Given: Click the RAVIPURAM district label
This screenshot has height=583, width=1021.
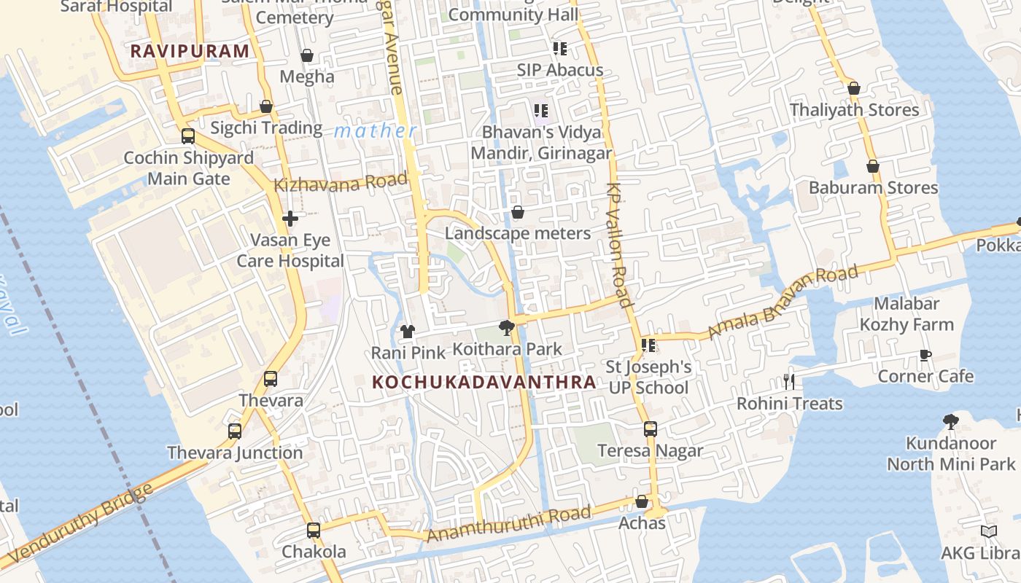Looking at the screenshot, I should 190,51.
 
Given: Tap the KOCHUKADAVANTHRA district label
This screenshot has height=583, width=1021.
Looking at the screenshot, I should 484,382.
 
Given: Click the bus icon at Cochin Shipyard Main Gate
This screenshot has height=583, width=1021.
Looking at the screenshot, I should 188,136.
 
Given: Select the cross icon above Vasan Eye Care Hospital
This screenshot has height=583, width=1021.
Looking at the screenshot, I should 290,218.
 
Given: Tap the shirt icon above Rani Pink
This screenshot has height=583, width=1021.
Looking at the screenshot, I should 407,332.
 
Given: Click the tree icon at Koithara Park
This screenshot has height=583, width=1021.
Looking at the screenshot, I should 506,327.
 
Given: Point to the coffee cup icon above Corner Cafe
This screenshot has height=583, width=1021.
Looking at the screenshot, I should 925,356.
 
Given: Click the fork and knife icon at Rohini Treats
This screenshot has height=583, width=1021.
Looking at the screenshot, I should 788,382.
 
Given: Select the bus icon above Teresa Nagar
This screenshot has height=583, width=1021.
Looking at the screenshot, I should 650,429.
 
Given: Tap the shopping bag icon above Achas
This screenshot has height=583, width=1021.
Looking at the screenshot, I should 642,501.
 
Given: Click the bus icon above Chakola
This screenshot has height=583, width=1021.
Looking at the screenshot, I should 314,530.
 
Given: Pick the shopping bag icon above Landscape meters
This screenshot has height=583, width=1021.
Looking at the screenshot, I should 517,212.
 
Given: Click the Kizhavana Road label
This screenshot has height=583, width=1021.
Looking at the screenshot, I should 340,183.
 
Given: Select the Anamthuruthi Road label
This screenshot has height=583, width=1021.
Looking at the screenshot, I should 508,525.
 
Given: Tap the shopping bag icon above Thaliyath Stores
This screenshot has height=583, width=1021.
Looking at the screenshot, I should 854,88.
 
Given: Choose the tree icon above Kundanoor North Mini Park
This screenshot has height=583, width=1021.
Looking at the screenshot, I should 950,420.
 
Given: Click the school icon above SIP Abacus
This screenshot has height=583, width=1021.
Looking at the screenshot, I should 559,49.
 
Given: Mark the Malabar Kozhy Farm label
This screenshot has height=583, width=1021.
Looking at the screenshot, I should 907,314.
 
